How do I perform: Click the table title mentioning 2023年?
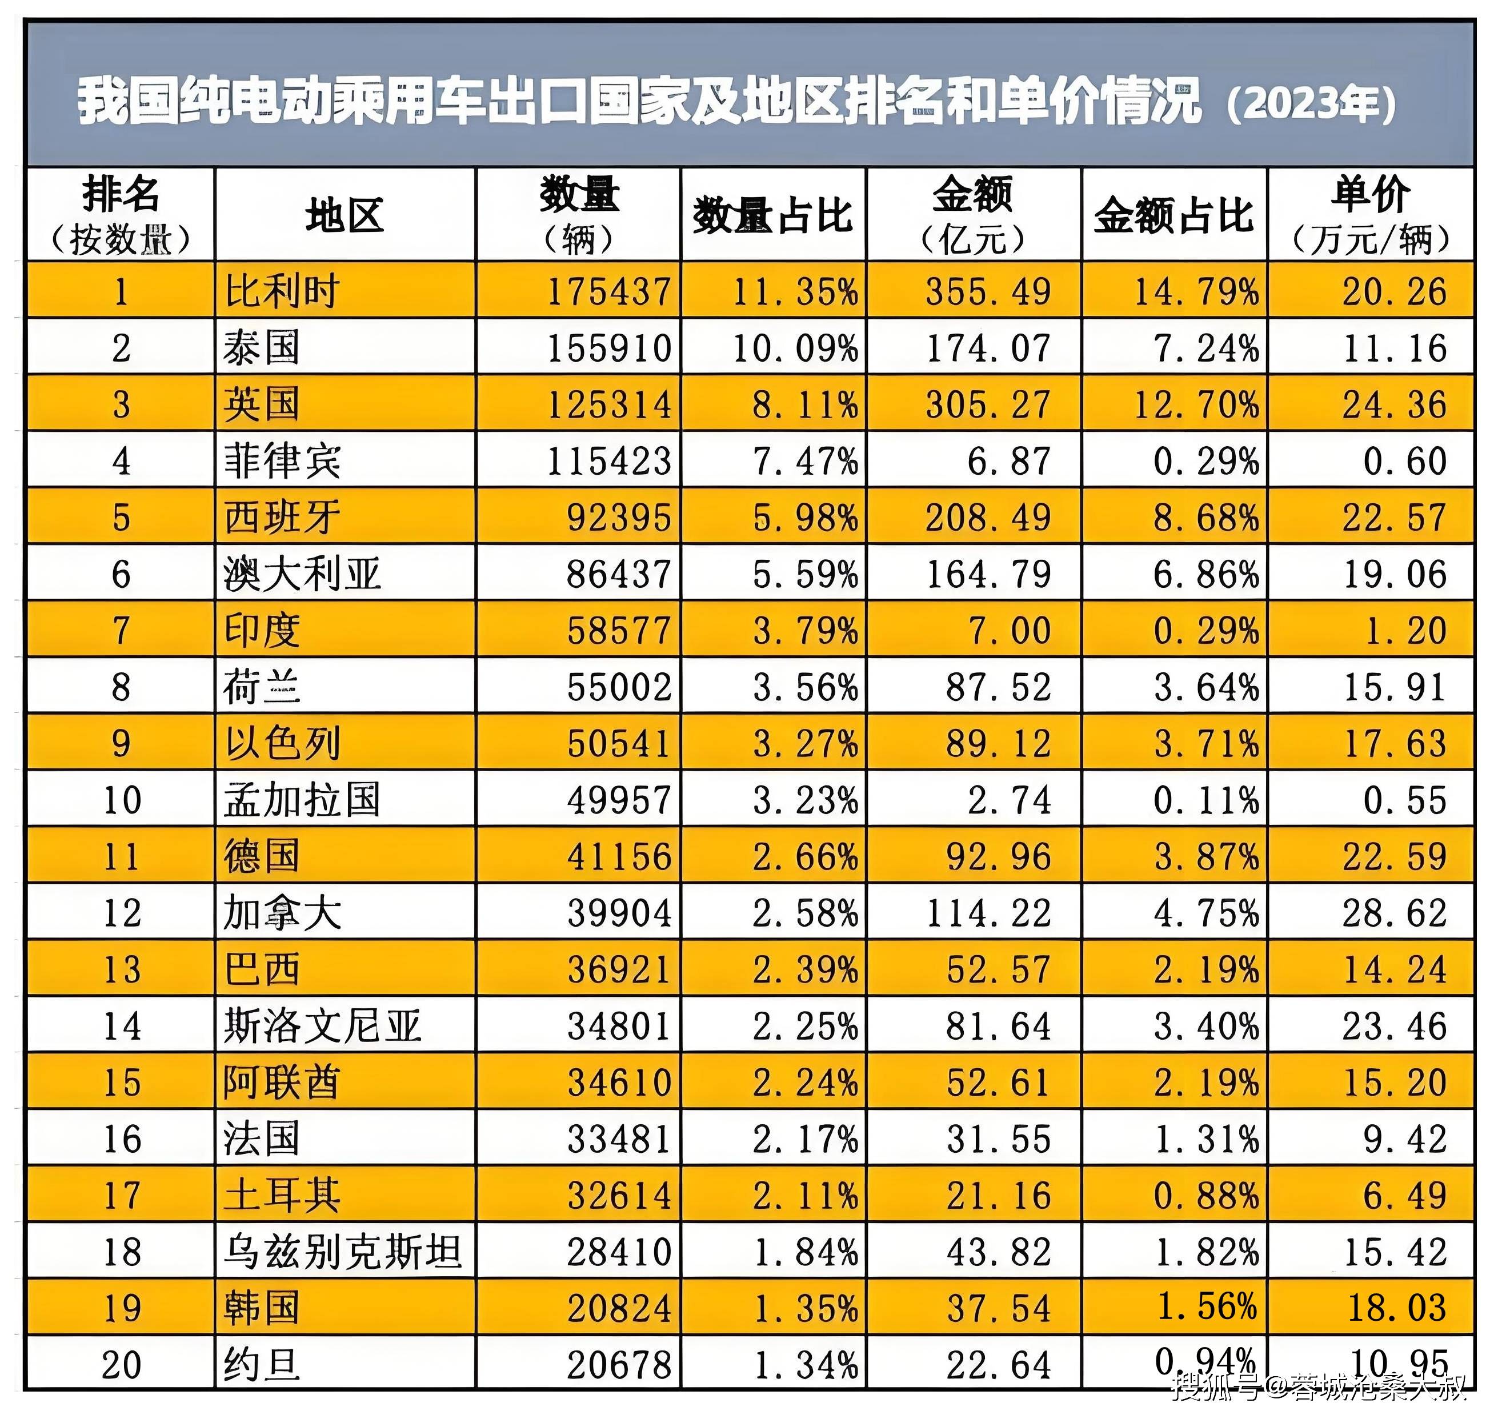point(736,102)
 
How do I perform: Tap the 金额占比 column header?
point(1173,216)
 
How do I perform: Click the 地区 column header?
point(345,216)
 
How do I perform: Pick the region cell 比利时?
point(282,291)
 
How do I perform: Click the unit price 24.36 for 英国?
point(1394,404)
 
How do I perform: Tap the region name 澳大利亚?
point(302,574)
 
